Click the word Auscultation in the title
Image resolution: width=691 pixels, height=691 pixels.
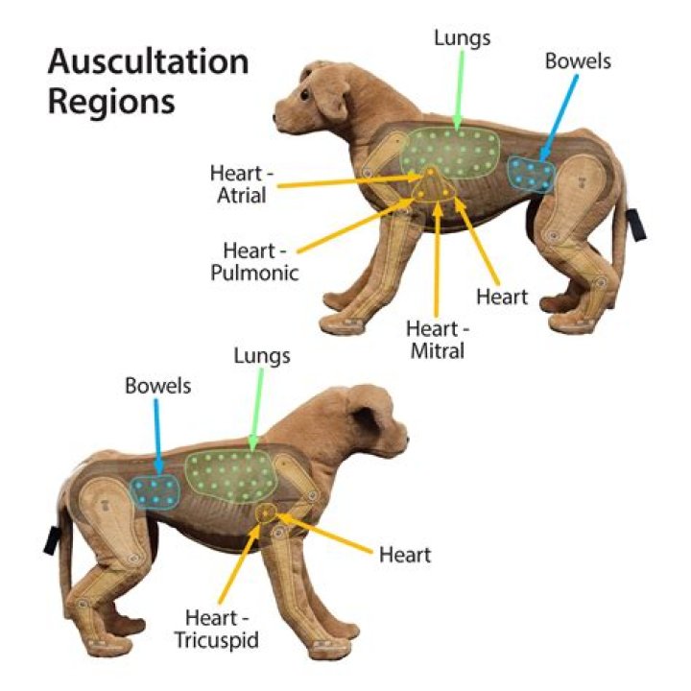point(149,61)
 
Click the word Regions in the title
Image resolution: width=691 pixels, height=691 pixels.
point(111,104)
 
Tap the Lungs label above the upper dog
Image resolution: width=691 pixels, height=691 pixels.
point(462,37)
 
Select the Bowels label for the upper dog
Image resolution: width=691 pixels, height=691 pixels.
point(578,61)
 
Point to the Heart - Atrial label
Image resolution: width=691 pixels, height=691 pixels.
point(242,184)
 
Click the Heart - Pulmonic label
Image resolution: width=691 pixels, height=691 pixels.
point(254,262)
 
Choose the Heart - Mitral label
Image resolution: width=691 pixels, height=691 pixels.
point(438,340)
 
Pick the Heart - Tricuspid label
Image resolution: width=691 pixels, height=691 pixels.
point(217,629)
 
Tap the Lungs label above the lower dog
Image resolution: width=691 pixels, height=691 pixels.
point(262,356)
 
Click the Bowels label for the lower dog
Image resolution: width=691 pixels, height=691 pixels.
point(157,386)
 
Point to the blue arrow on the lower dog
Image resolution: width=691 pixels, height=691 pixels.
point(157,437)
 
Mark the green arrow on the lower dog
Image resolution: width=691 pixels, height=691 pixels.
point(256,409)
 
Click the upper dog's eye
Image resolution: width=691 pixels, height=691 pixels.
point(305,95)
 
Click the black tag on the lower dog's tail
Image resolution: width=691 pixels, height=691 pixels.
point(52,540)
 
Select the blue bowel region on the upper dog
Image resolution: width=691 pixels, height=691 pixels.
point(531,174)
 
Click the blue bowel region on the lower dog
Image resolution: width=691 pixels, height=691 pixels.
point(155,492)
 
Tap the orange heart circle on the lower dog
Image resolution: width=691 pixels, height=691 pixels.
point(266,512)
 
